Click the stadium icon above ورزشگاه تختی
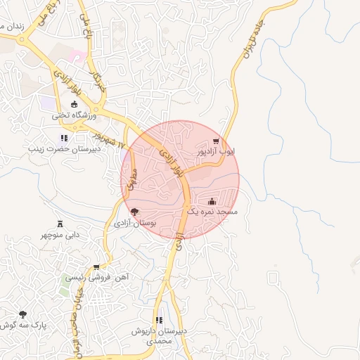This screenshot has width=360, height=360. pos(74,105)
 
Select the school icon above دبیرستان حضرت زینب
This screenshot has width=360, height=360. pos(64,138)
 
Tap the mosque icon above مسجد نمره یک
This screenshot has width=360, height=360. pos(212,201)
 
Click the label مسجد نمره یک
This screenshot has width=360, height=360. pos(212,212)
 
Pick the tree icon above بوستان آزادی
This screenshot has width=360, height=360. pos(134,212)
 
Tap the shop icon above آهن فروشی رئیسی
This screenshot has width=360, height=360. pos(96,267)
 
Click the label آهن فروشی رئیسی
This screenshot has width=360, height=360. pos(98,278)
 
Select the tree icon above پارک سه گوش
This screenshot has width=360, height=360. pos(22,314)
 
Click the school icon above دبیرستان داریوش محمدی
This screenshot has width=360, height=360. pos(159,320)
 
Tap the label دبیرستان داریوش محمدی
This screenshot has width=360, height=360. pos(161,335)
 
